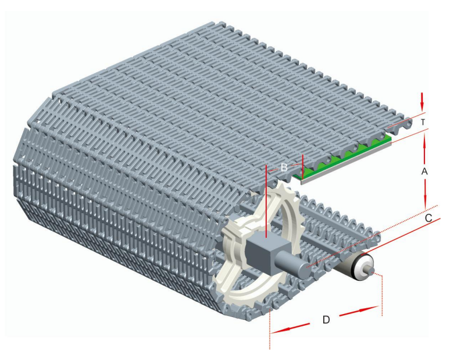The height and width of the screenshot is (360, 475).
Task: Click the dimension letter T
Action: pyautogui.click(x=423, y=122)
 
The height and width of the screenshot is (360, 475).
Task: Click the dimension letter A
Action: pyautogui.click(x=424, y=172)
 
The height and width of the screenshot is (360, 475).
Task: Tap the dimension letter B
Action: pyautogui.click(x=284, y=167)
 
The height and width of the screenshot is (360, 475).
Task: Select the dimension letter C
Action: pyautogui.click(x=428, y=218)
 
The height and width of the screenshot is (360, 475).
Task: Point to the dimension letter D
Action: pyautogui.click(x=326, y=320)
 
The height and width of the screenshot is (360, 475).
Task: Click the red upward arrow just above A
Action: pyautogui.click(x=424, y=148)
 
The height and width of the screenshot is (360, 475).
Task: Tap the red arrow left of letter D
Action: pyautogui.click(x=290, y=328)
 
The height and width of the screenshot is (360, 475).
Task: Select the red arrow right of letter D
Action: pyautogui.click(x=359, y=311)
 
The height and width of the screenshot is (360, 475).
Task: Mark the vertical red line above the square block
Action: pyautogui.click(x=266, y=201)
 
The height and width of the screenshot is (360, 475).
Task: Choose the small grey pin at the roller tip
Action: pyautogui.click(x=372, y=270)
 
